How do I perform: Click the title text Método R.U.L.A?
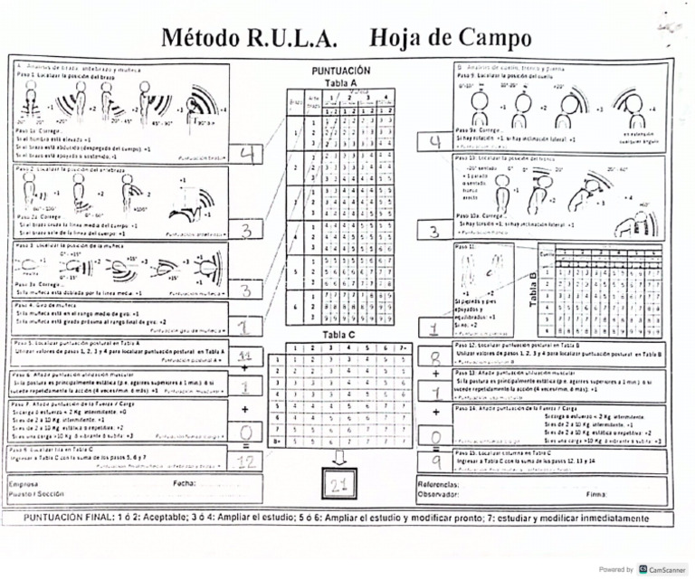coord(250,38)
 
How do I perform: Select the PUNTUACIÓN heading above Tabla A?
coord(341,70)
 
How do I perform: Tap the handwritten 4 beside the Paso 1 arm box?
coord(247,155)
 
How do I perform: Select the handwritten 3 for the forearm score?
coord(247,231)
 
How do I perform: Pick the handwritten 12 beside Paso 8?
coord(245,461)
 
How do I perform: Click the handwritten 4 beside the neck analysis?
coord(435,142)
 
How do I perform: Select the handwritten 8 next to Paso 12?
coord(435,357)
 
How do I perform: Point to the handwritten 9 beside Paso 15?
coord(435,461)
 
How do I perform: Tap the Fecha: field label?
coord(185,484)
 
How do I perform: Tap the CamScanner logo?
coord(643,569)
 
